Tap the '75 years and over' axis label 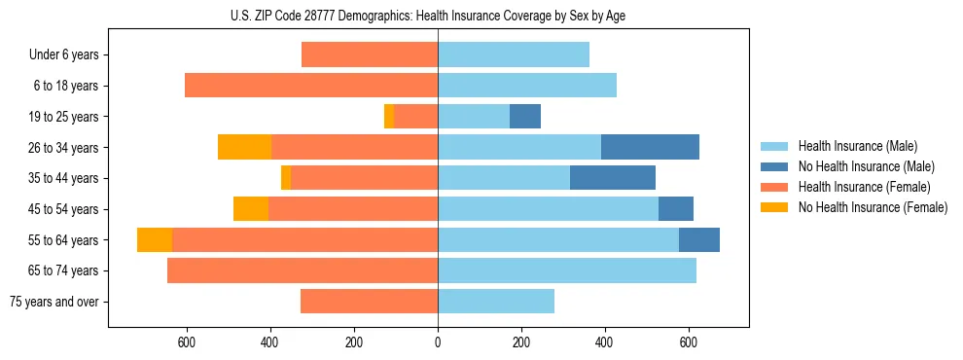tap(54, 302)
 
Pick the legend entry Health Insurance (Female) tap(864, 187)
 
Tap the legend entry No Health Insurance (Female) tap(872, 207)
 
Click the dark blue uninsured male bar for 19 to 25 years tap(525, 117)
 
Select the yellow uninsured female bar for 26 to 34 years tap(244, 147)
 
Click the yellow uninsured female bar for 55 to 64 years tap(155, 239)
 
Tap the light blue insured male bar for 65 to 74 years tap(567, 270)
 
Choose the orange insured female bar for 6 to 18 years tap(311, 86)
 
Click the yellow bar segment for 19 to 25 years tap(389, 117)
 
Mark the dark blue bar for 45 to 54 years tap(676, 209)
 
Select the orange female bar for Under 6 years tap(370, 54)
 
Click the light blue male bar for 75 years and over tap(496, 302)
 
